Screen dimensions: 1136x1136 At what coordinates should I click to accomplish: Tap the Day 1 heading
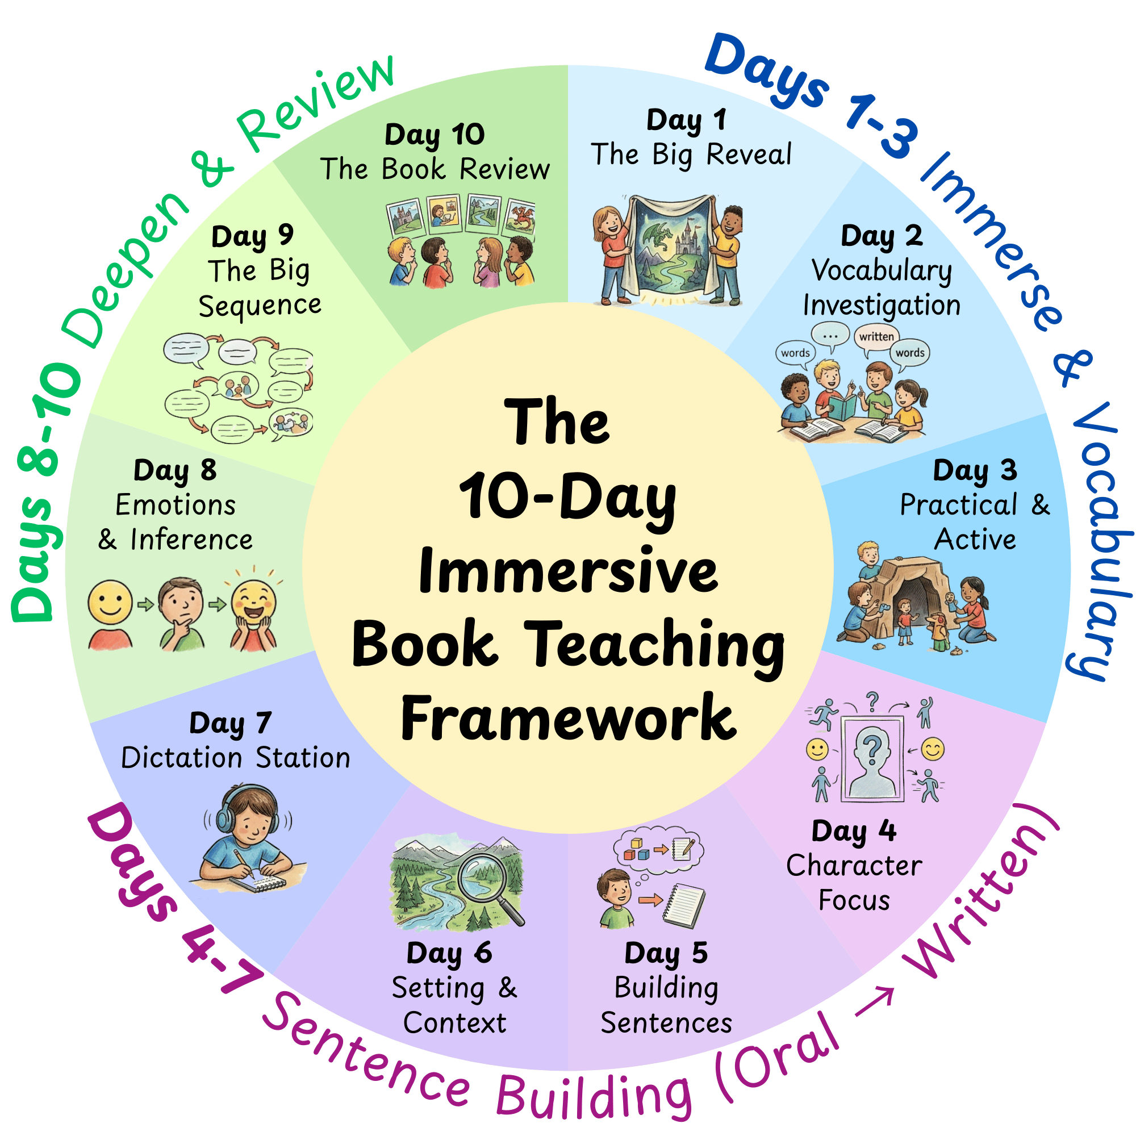point(686,120)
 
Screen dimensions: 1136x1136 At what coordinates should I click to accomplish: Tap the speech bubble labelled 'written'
point(876,337)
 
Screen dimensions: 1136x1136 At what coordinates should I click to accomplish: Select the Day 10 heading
point(435,135)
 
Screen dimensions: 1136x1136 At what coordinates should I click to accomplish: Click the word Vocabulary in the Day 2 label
point(882,271)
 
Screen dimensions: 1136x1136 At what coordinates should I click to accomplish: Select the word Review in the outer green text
point(318,103)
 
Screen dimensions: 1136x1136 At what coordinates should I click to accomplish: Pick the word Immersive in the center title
point(568,570)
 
